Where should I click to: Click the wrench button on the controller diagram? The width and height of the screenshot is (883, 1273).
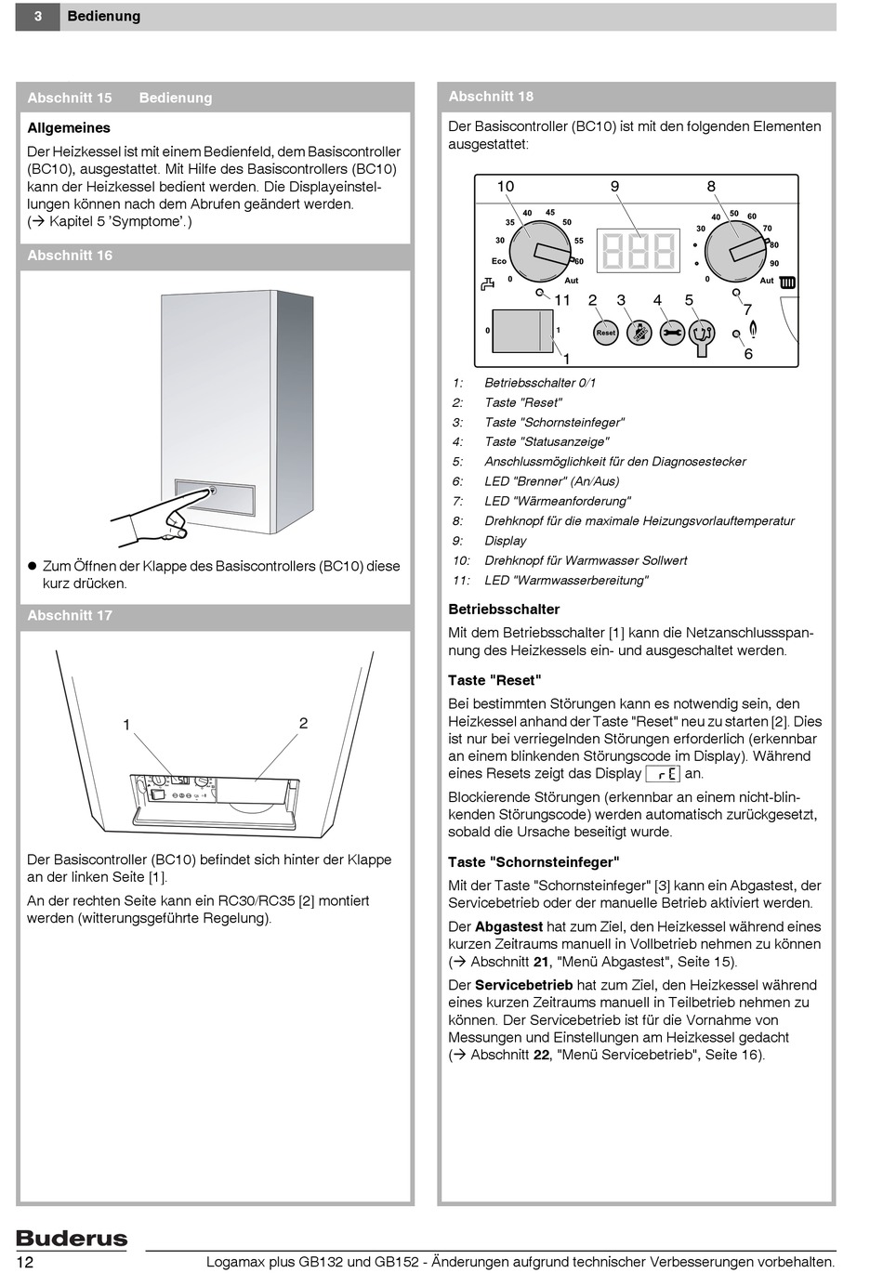click(672, 333)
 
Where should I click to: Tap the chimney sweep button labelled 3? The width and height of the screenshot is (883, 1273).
click(639, 333)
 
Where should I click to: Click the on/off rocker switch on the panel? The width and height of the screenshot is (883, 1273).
click(521, 331)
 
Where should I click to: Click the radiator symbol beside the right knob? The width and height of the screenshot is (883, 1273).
click(787, 282)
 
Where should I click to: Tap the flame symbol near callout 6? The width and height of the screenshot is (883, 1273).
click(753, 329)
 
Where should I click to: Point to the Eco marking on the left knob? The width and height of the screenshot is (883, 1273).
click(499, 261)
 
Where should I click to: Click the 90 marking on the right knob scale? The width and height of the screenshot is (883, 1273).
click(774, 264)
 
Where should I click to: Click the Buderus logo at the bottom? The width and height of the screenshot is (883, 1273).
click(72, 1238)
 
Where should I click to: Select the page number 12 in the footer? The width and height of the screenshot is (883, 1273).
click(25, 1262)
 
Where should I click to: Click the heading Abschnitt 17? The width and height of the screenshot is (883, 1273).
click(70, 615)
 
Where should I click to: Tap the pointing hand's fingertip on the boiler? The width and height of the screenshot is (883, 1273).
click(210, 491)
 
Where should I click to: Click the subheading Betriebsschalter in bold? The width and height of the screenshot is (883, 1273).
click(504, 610)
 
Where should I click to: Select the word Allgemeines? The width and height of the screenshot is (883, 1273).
click(69, 128)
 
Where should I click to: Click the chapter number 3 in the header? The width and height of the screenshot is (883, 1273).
click(37, 17)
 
